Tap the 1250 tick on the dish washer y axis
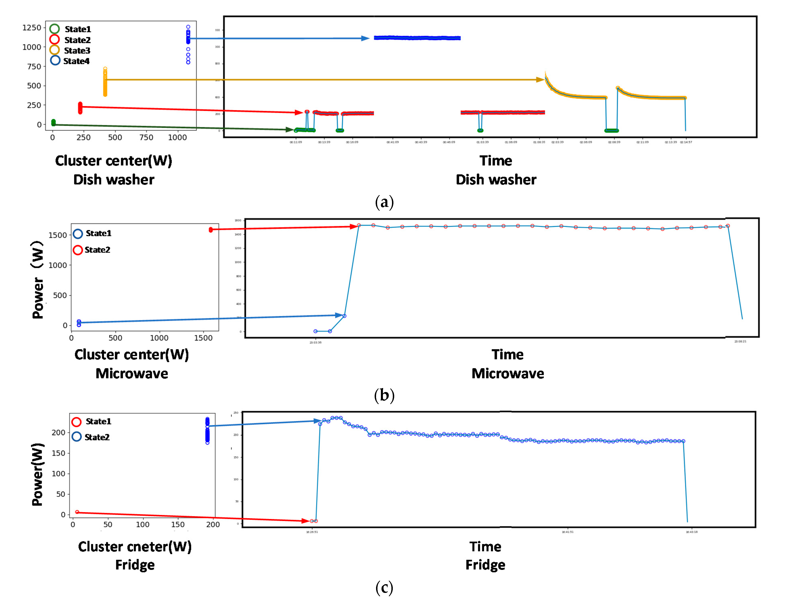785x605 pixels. click(32, 28)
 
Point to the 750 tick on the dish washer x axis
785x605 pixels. click(146, 137)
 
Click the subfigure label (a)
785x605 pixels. click(384, 202)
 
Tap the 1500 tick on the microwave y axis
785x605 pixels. click(57, 235)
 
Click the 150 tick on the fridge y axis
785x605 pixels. click(58, 453)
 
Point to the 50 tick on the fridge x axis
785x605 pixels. click(108, 524)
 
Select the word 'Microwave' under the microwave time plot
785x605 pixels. click(508, 373)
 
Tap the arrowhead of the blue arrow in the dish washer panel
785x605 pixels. click(365, 38)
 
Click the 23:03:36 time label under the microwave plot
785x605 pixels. click(316, 342)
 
